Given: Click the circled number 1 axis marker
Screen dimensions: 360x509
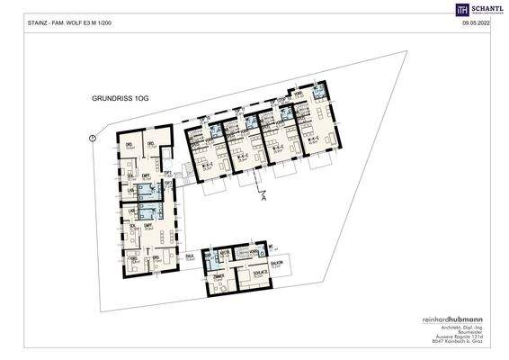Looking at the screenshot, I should pos(93,137).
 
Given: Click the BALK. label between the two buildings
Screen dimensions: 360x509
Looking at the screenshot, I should pos(190,257).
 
